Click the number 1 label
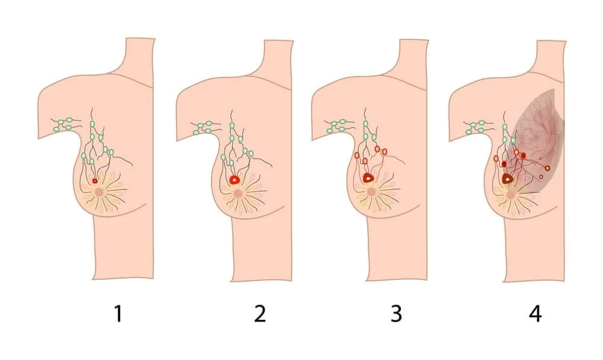pos(118,313)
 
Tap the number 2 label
pos(260,313)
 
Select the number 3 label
pos(396,313)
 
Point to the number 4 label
pos(535,313)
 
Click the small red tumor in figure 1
pos(95,180)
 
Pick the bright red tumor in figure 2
pos(234,180)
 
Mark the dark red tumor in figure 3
pos(368,178)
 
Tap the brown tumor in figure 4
pos(508,178)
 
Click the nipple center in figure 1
pos(99,192)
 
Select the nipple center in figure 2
pos(238,194)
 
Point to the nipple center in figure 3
pos(371,192)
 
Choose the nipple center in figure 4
pos(511,195)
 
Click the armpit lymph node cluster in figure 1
pos(63,124)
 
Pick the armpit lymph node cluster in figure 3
pos(336,126)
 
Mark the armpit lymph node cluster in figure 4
pos(476,127)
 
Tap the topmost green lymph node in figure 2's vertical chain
pos(232,125)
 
